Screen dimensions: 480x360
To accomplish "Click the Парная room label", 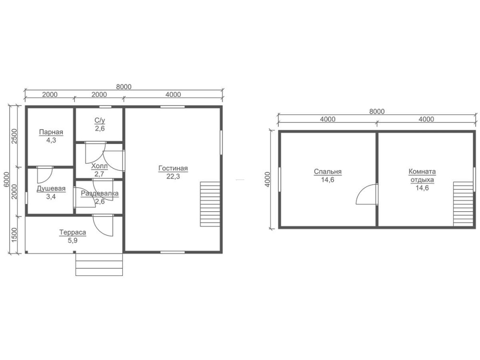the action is [51, 132].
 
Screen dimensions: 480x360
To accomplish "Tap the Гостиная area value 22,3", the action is [173, 176].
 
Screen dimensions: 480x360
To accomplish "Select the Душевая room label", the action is [51, 189].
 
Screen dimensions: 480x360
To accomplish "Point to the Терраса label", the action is [72, 232].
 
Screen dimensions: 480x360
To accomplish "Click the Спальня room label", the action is [327, 172].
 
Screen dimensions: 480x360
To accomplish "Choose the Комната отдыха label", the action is [422, 175].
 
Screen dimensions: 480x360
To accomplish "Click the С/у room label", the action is [100, 120].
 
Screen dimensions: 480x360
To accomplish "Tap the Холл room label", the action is [99, 166].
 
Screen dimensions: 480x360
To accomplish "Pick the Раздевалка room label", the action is [100, 193].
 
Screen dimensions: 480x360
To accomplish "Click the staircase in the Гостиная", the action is [210, 204].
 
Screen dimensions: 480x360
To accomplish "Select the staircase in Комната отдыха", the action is [463, 204].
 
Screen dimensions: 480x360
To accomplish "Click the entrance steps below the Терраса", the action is [99, 264].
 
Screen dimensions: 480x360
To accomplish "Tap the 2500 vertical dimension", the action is [14, 136].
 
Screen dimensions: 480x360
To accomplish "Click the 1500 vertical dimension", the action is [14, 235].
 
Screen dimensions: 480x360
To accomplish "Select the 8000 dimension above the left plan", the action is [124, 87].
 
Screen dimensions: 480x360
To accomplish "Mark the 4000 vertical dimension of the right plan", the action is [267, 180].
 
